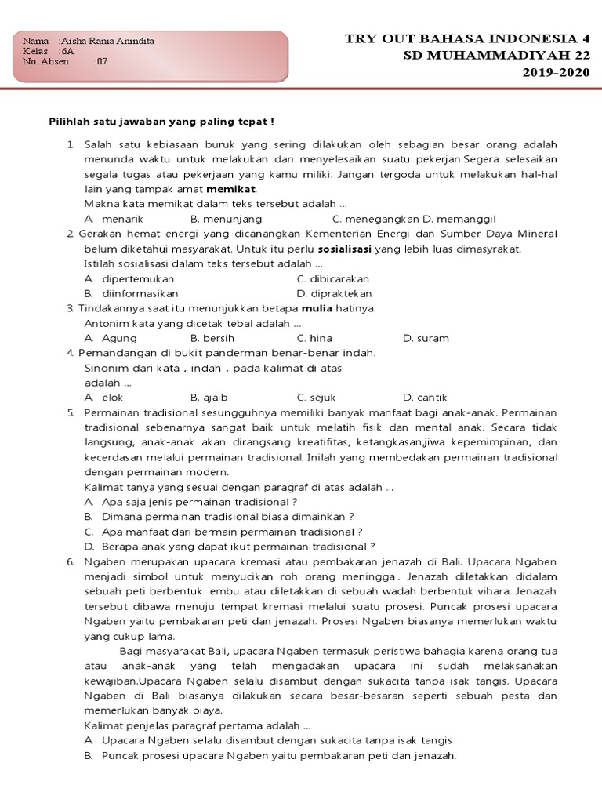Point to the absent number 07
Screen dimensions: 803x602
102,61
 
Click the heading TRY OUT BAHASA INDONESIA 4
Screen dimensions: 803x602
467,38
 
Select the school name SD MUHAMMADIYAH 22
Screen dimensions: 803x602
497,56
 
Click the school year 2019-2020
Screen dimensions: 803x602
556,73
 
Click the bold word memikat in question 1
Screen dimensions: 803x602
231,189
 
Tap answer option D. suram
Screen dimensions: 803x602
426,338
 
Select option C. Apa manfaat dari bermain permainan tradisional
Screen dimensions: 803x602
231,532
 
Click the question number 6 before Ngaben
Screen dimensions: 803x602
70,561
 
